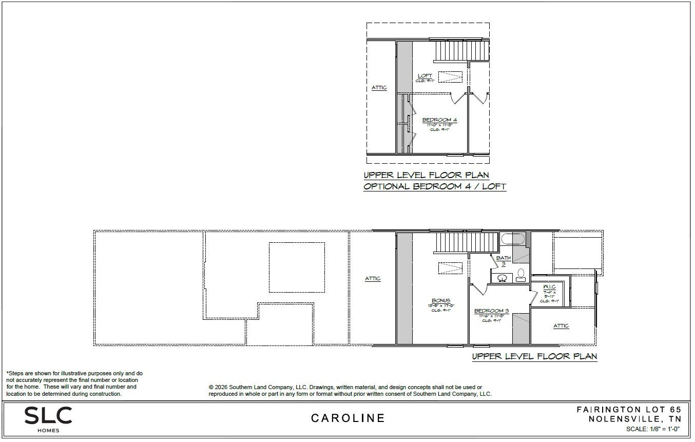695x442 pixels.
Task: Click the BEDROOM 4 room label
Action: (439, 120)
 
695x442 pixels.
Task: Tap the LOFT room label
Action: (424, 76)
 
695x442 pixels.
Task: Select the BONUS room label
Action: (441, 301)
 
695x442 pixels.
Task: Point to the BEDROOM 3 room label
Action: (491, 311)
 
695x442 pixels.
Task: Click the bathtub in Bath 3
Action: (512, 239)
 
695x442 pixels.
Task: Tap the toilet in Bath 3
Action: (520, 274)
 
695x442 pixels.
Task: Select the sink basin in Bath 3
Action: (503, 278)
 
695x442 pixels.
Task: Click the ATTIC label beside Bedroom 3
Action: (561, 326)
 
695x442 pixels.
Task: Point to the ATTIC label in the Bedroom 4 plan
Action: (379, 88)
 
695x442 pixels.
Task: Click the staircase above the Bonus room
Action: (466, 242)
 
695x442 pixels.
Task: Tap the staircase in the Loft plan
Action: (461, 51)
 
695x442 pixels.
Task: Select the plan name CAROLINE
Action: (347, 418)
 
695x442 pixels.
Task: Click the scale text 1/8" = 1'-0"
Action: (653, 429)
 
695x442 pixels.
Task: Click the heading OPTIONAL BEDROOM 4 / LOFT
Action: (434, 187)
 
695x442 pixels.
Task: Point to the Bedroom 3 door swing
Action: (477, 289)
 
